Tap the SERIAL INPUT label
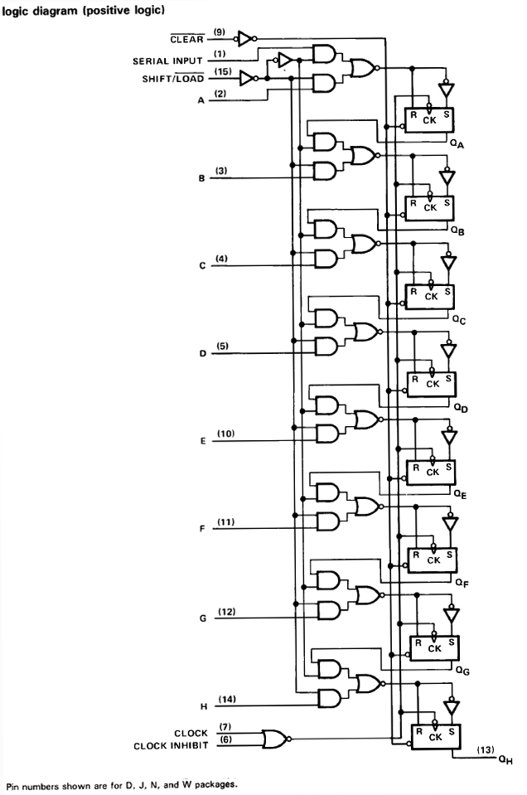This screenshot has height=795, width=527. click(x=168, y=61)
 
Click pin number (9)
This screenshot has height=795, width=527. click(x=220, y=32)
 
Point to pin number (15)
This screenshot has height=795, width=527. click(x=221, y=71)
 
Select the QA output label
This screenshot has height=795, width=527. click(x=457, y=143)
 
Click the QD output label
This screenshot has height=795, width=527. click(x=461, y=409)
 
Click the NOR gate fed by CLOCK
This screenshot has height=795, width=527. click(x=273, y=739)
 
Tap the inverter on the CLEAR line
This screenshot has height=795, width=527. click(x=245, y=37)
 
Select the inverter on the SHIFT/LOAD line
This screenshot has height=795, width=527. click(x=246, y=78)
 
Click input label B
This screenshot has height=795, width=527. click(x=202, y=178)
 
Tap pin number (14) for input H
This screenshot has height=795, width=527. click(x=226, y=700)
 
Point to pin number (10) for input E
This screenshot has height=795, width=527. click(x=225, y=434)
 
